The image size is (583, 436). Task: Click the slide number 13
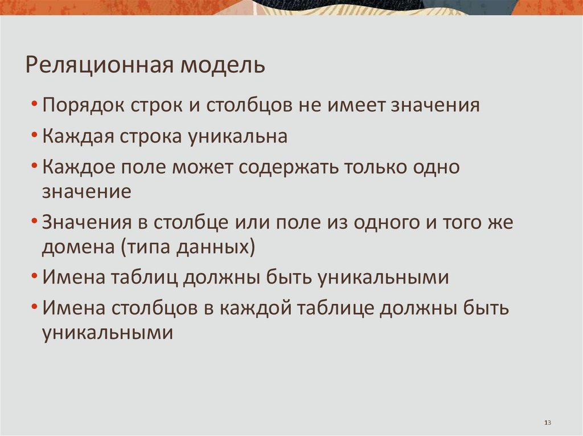click(548, 422)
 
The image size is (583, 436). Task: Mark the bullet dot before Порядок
click(35, 106)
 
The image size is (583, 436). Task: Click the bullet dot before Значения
click(35, 222)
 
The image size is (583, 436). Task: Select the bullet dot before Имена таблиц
click(35, 278)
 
